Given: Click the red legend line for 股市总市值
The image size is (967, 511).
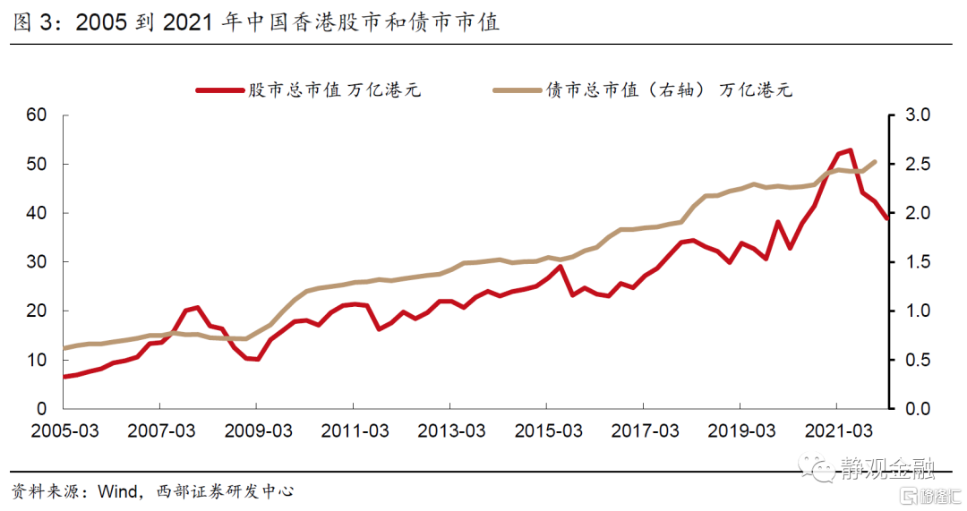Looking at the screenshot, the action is click(x=219, y=90).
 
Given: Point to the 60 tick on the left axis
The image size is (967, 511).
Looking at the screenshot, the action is click(x=37, y=115).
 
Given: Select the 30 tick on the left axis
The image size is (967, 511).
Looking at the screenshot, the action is click(x=37, y=262).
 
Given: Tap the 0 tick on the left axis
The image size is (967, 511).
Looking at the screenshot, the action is click(x=41, y=409).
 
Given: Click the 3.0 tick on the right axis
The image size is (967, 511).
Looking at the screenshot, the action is click(x=917, y=115).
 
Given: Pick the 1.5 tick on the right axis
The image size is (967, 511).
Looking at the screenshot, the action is click(x=917, y=262).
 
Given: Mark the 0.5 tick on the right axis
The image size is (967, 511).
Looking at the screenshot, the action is click(x=917, y=360).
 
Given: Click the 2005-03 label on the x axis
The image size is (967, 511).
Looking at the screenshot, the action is click(x=64, y=430).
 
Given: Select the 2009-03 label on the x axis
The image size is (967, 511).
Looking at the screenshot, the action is click(x=258, y=430).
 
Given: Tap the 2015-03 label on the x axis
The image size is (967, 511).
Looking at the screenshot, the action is click(x=548, y=430).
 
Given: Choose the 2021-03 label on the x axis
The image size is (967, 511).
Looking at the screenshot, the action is click(x=838, y=430).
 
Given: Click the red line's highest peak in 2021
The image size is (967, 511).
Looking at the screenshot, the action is click(x=850, y=149).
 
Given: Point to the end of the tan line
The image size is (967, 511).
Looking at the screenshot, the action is click(x=875, y=161).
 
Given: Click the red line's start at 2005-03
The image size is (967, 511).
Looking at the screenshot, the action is click(x=64, y=376).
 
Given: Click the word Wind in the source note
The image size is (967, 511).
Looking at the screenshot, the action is click(x=118, y=491).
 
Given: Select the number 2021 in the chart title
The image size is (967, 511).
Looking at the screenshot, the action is click(x=187, y=22).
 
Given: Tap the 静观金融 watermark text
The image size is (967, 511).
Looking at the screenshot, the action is click(x=886, y=469).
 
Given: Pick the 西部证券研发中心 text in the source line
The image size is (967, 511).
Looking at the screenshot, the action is click(x=225, y=491).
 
